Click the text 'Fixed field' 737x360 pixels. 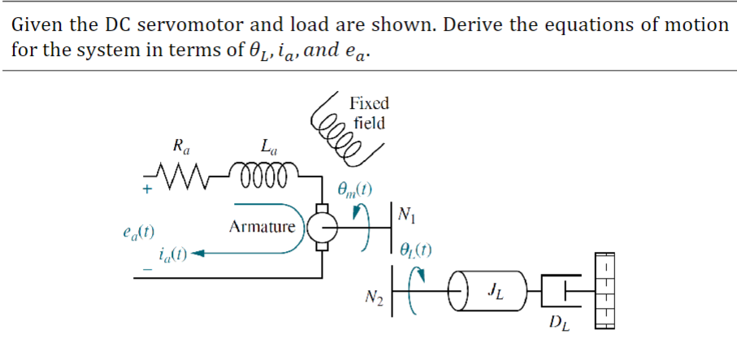click(x=368, y=113)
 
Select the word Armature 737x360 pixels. click(x=262, y=227)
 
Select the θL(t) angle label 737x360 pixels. click(x=418, y=250)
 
